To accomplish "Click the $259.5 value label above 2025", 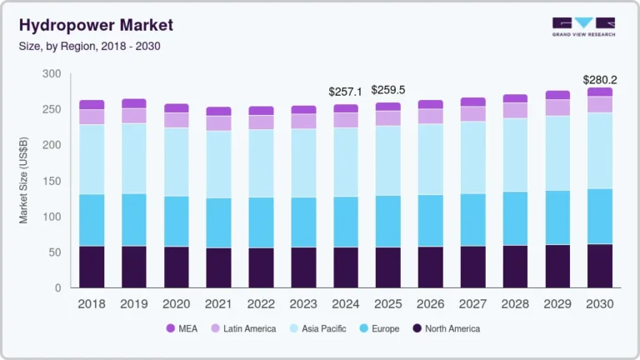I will click(x=387, y=90).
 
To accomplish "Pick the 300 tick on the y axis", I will click(x=52, y=74).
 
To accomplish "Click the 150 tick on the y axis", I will click(x=52, y=181).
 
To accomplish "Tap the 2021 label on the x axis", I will click(x=218, y=304).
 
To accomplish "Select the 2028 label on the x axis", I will click(x=514, y=304).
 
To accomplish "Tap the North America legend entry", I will click(x=447, y=328).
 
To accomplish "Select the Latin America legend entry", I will click(x=243, y=328).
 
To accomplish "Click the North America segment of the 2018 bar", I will click(x=92, y=267).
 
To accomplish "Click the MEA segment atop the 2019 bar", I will click(x=133, y=103).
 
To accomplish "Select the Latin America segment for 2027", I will click(x=472, y=113).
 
